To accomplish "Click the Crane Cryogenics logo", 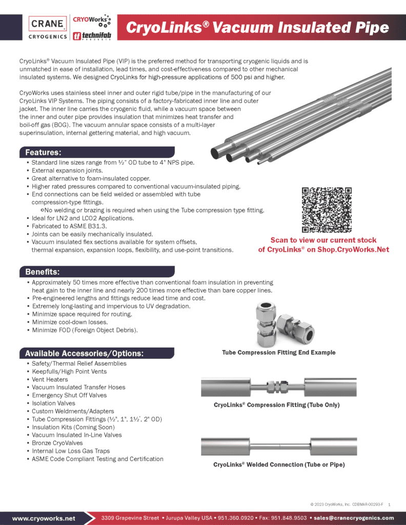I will point(48,28).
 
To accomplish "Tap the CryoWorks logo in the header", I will point(92,20).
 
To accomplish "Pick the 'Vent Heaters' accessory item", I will point(50,379).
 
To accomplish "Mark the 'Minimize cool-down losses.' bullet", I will point(70,322).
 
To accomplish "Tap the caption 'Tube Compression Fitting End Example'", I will point(279,352).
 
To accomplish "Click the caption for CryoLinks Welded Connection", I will point(279,465).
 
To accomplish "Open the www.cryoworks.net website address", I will point(44,518).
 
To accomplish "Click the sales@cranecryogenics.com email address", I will point(354,518).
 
